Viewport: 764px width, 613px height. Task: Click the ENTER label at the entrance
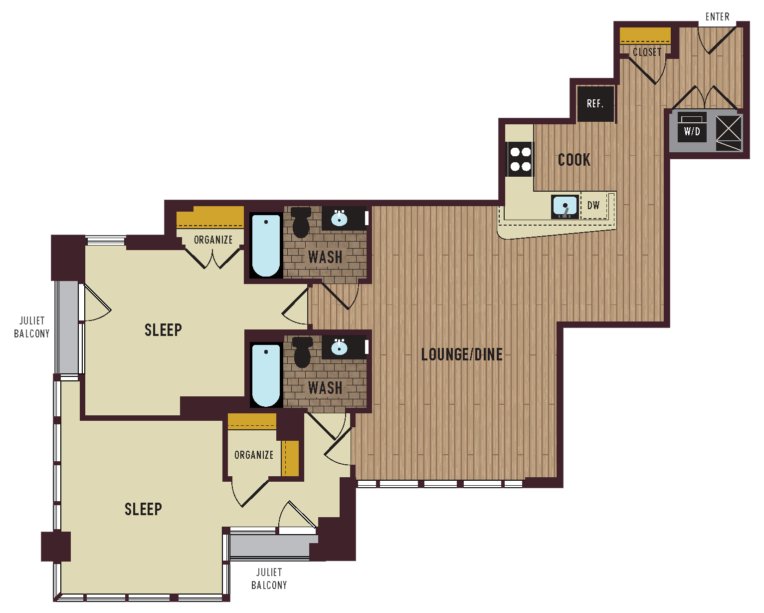[x=717, y=17]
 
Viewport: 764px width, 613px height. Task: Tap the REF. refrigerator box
[x=595, y=104]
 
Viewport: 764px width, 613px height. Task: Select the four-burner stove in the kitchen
[x=520, y=159]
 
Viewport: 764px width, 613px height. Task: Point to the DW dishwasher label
[x=593, y=205]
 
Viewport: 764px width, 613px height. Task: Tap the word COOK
[x=574, y=160]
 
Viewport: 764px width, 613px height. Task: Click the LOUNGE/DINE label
[x=462, y=354]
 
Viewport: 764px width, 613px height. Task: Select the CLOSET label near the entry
[x=647, y=52]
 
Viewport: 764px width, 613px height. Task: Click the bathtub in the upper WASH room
[x=266, y=245]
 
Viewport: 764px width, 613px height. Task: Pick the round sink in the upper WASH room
[x=339, y=218]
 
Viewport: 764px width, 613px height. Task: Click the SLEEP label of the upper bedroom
[x=163, y=329]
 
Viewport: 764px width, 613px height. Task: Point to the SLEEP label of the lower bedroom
[x=143, y=509]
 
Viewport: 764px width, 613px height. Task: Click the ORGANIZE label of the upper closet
[x=213, y=240]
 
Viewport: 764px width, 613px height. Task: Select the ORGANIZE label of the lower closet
[x=254, y=455]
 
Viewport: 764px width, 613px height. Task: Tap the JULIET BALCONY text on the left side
[x=32, y=327]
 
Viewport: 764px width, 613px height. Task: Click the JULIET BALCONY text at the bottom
[x=269, y=579]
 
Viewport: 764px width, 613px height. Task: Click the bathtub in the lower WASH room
[x=266, y=374]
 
